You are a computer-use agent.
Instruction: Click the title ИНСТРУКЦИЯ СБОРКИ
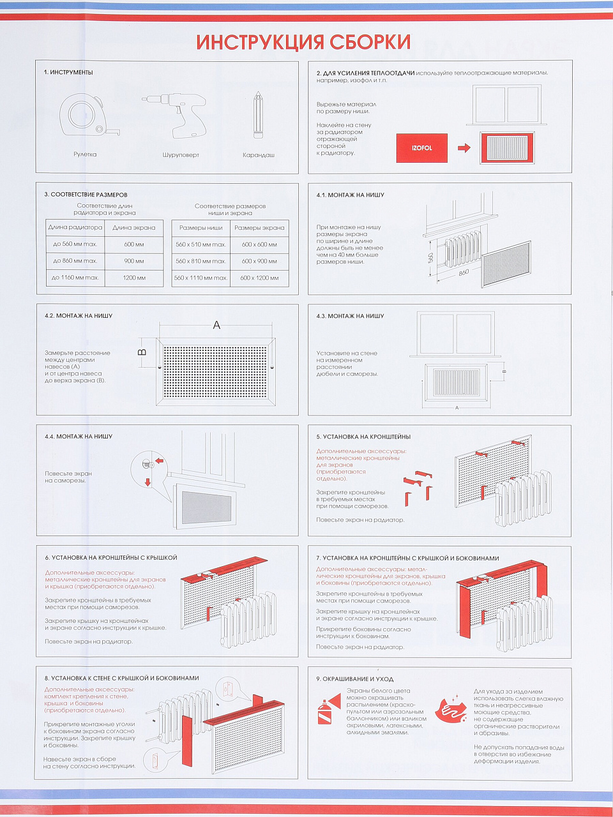[x=303, y=42]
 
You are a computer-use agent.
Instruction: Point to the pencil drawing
[x=258, y=115]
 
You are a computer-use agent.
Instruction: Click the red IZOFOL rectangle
[x=421, y=148]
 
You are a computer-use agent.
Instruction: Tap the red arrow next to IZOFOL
[x=464, y=148]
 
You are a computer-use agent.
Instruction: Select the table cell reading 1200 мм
[x=134, y=278]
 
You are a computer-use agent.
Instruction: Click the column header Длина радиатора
[x=75, y=227]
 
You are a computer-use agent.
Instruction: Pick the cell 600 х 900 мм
[x=259, y=261]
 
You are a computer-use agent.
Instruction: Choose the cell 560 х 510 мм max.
[x=201, y=244]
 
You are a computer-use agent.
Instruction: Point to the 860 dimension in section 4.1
[x=464, y=273]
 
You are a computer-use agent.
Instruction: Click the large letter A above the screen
[x=216, y=326]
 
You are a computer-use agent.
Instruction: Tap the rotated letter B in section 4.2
[x=142, y=352]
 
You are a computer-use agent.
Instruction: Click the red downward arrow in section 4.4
[x=148, y=483]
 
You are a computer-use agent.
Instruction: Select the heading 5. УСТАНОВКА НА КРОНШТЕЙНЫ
[x=363, y=437]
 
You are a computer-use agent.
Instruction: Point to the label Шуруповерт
[x=181, y=155]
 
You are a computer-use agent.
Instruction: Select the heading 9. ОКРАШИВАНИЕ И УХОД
[x=354, y=679]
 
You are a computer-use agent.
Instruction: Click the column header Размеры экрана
[x=259, y=227]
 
